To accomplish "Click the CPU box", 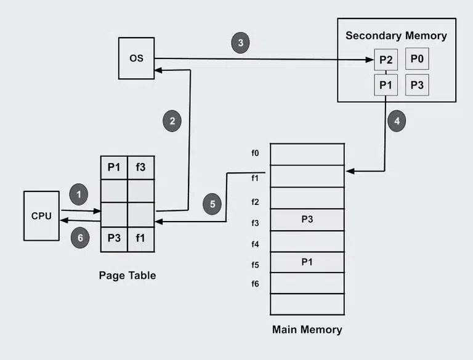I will point(42,216).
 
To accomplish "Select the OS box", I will point(136,58).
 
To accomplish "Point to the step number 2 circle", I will point(172,121).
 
